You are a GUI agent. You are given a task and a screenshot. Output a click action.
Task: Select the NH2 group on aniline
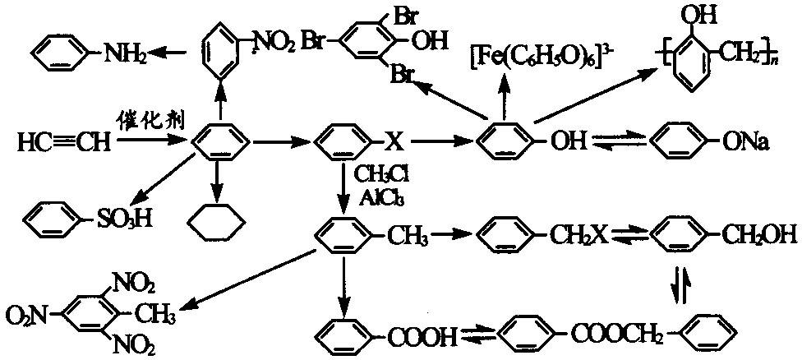coord(124,53)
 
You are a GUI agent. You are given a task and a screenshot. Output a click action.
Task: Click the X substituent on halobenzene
coord(394,144)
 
